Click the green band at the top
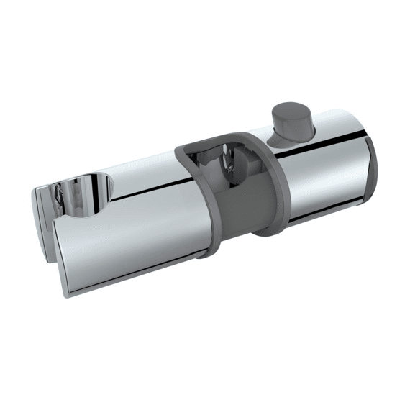pyautogui.click(x=205, y=25)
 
